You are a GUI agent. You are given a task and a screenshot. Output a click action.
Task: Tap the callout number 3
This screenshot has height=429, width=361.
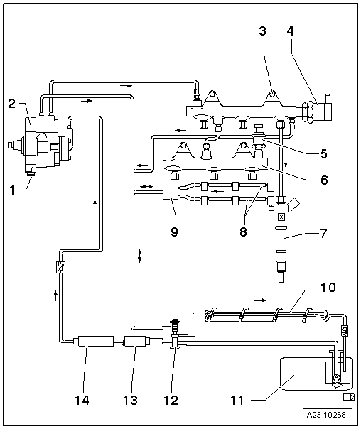[262, 31]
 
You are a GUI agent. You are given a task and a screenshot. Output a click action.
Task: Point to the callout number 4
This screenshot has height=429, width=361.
[289, 31]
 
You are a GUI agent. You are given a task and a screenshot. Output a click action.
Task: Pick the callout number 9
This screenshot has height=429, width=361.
[174, 231]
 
